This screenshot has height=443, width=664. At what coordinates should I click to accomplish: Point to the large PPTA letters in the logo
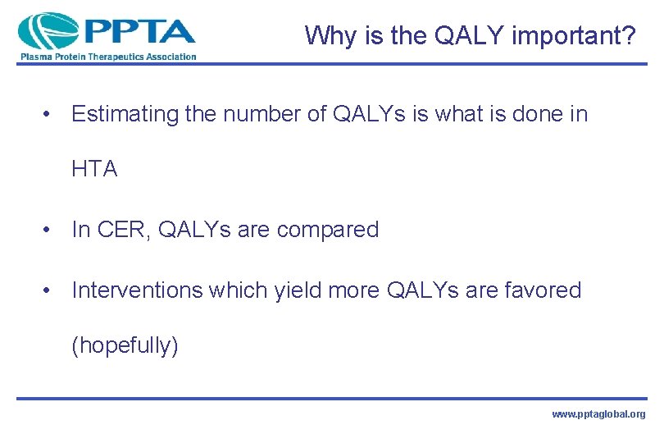click(139, 31)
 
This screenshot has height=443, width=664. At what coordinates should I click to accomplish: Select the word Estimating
click(125, 115)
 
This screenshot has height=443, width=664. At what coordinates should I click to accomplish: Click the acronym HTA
click(94, 169)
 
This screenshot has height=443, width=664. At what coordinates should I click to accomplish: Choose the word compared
click(328, 230)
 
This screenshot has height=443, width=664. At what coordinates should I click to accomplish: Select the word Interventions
click(137, 290)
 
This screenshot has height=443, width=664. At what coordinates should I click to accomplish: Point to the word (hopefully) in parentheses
click(125, 345)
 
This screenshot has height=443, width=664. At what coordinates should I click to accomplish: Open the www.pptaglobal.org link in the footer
click(598, 415)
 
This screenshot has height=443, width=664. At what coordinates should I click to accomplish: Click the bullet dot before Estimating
click(50, 116)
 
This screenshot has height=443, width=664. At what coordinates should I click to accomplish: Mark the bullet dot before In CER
click(50, 231)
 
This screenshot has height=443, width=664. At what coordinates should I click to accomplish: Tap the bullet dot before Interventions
click(50, 291)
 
